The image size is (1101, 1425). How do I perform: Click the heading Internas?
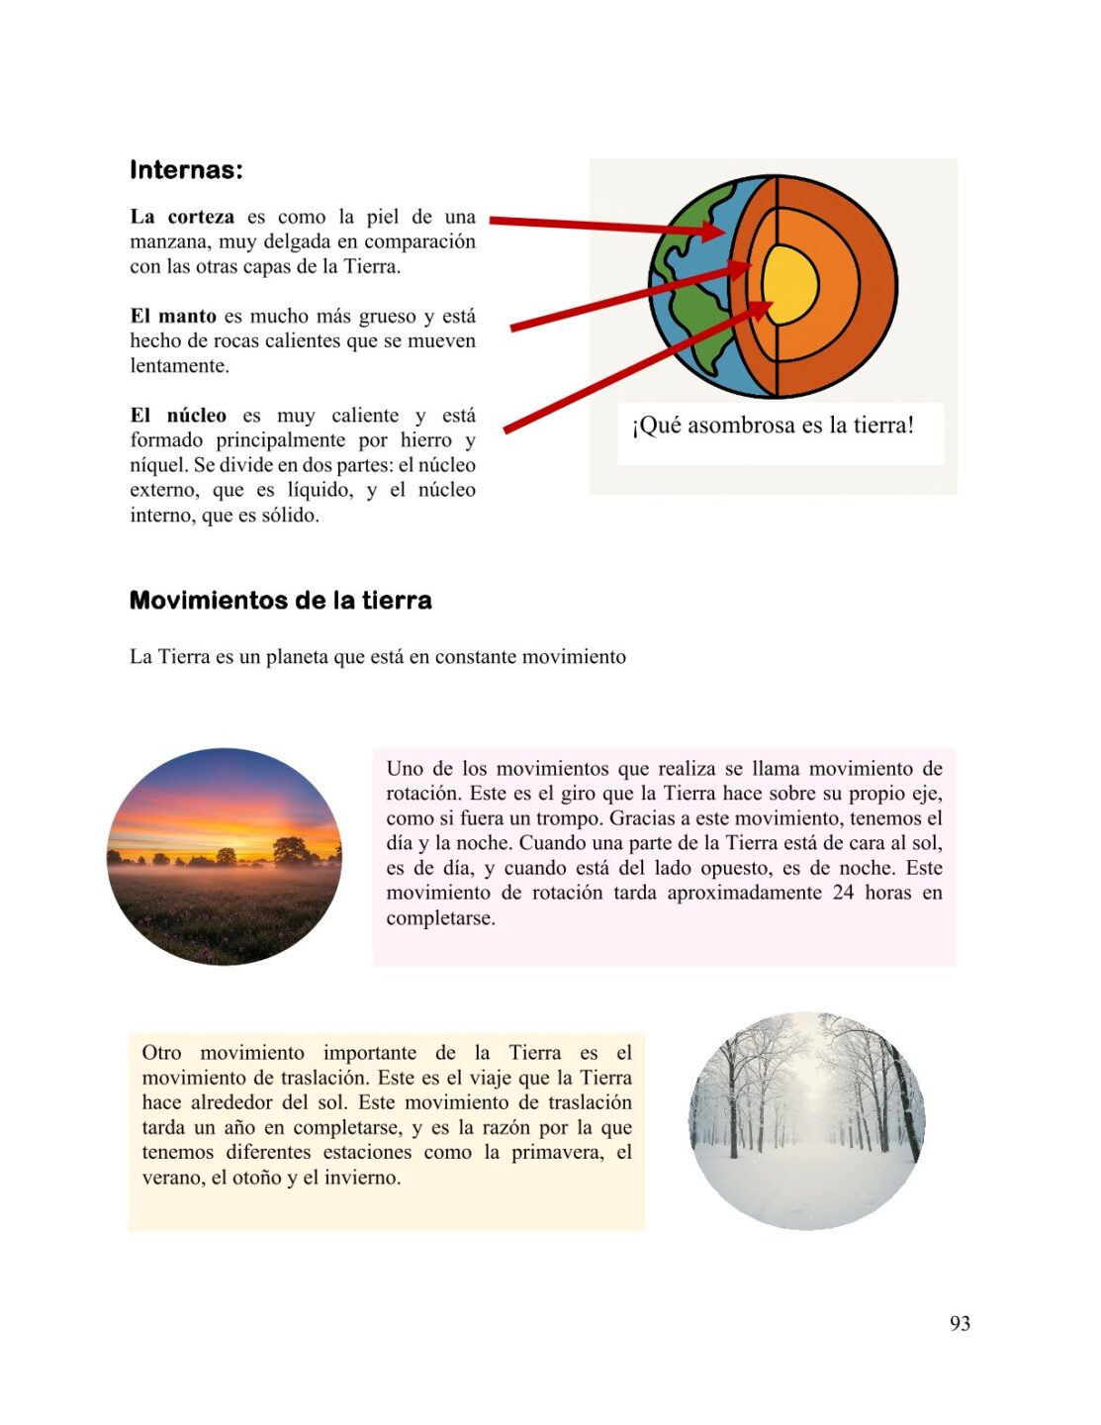pyautogui.click(x=186, y=170)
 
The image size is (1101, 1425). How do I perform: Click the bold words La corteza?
pyautogui.click(x=182, y=217)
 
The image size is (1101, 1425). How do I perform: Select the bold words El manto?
pyautogui.click(x=173, y=317)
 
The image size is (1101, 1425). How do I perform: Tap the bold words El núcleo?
pyautogui.click(x=178, y=416)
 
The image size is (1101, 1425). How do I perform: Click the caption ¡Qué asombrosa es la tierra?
pyautogui.click(x=773, y=426)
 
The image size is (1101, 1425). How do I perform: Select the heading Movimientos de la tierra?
pyautogui.click(x=280, y=601)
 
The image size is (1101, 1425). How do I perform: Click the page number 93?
pyautogui.click(x=960, y=1324)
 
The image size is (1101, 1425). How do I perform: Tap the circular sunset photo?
pyautogui.click(x=225, y=857)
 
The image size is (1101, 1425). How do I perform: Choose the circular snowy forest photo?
pyautogui.click(x=807, y=1121)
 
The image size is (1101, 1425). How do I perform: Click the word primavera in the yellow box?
pyautogui.click(x=557, y=1153)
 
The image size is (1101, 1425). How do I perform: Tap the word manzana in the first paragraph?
pyautogui.click(x=169, y=242)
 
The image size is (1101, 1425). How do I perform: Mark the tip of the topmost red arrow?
pyautogui.click(x=727, y=233)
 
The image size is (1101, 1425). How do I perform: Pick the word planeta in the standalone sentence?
pyautogui.click(x=299, y=657)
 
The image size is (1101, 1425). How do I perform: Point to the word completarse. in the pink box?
pyautogui.click(x=440, y=918)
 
